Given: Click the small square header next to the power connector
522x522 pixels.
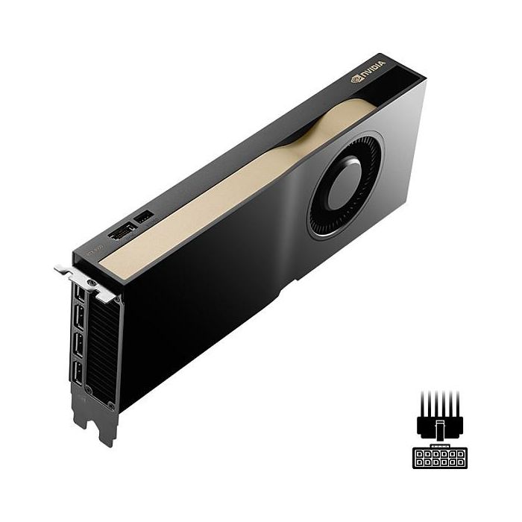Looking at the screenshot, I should point(143,218).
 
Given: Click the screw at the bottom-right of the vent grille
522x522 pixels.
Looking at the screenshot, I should point(109,403).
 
